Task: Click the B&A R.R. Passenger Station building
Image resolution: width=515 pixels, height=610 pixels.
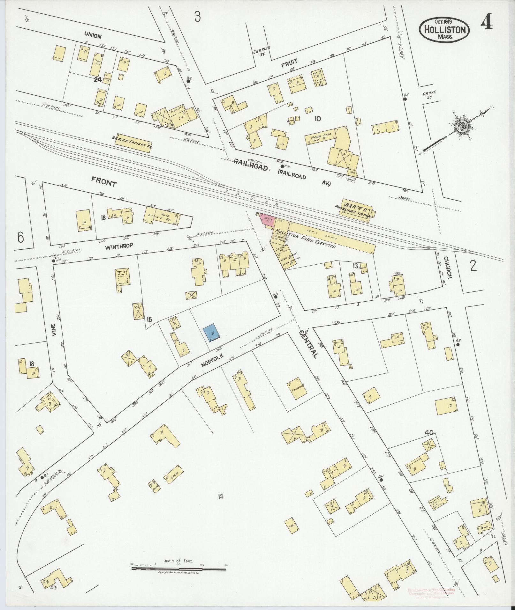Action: click(x=357, y=209)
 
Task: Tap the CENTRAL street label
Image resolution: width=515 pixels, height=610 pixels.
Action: click(x=308, y=344)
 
